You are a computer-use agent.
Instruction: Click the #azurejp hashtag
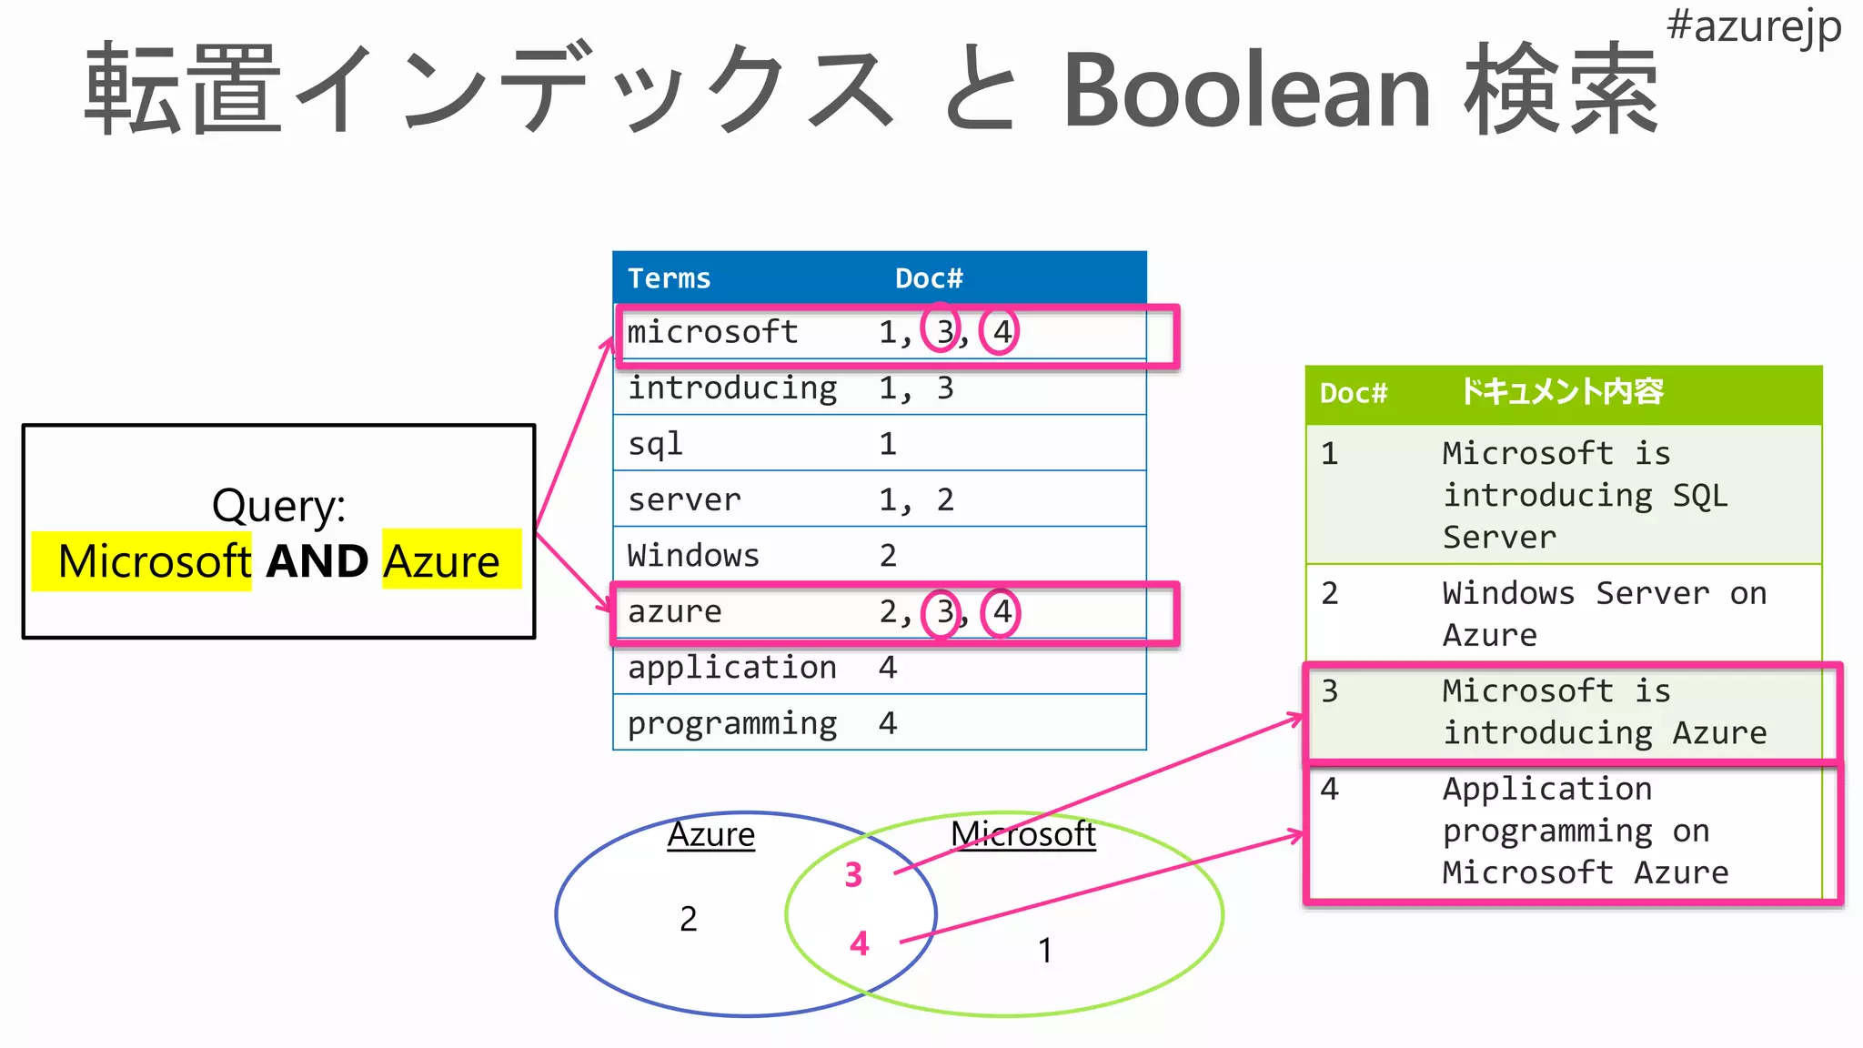click(1753, 27)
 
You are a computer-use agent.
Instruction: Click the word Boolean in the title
click(1246, 91)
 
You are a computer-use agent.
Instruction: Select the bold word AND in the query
click(317, 561)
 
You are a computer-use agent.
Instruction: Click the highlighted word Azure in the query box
click(441, 561)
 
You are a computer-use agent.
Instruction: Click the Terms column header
click(669, 278)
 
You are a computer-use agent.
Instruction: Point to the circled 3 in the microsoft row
click(942, 332)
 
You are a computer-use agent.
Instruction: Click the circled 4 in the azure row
click(1002, 611)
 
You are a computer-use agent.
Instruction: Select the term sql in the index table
click(655, 444)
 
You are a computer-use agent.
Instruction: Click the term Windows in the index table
click(693, 556)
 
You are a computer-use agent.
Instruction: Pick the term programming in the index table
click(732, 723)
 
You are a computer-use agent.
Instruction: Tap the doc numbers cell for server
click(916, 499)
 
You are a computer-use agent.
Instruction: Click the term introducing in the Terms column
click(732, 388)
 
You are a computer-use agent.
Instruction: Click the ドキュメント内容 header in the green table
click(1561, 393)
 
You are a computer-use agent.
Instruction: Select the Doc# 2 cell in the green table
click(1330, 594)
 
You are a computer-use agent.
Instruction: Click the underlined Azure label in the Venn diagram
click(710, 835)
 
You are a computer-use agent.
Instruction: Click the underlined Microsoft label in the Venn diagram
click(1023, 834)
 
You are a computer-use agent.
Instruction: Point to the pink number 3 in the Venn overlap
click(853, 875)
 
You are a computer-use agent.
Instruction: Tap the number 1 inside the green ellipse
click(1045, 951)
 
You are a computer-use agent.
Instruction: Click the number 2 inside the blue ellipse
click(689, 919)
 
